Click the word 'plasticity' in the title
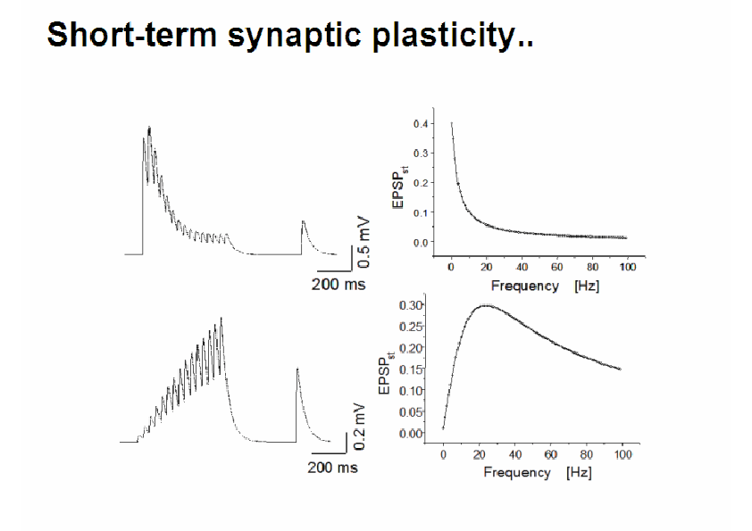[x=446, y=36]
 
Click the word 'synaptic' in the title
[x=295, y=36]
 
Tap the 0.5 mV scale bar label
[x=364, y=243]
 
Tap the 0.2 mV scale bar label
[x=359, y=427]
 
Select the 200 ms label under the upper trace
[x=338, y=284]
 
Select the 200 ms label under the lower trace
[x=333, y=468]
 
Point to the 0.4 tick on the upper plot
[x=421, y=124]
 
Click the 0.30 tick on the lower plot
[x=411, y=305]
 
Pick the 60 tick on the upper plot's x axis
[x=556, y=267]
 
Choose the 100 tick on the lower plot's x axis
[x=623, y=454]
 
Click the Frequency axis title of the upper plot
[x=524, y=286]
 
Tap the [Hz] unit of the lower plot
[x=579, y=472]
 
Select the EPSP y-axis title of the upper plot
[x=400, y=187]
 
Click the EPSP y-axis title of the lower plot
[x=386, y=373]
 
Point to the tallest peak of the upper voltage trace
[x=149, y=128]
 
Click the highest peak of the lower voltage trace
[x=221, y=319]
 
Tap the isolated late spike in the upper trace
[x=303, y=221]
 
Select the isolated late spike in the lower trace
[x=297, y=369]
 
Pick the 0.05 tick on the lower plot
[x=411, y=412]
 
